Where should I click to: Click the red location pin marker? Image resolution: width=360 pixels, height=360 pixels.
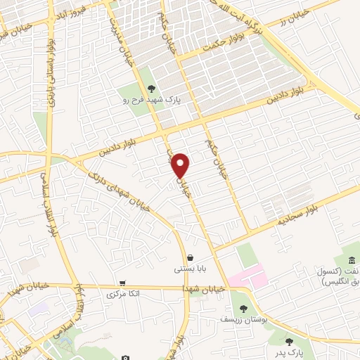point(181,165)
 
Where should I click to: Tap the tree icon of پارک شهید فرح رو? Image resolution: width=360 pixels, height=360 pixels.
point(151,89)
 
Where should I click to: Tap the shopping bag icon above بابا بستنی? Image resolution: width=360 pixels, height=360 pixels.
point(191,257)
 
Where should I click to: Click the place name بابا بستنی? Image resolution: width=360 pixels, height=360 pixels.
point(190,269)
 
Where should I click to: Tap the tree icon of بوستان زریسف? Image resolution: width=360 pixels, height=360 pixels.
point(243,308)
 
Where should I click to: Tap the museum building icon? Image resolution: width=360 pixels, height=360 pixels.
point(352,262)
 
